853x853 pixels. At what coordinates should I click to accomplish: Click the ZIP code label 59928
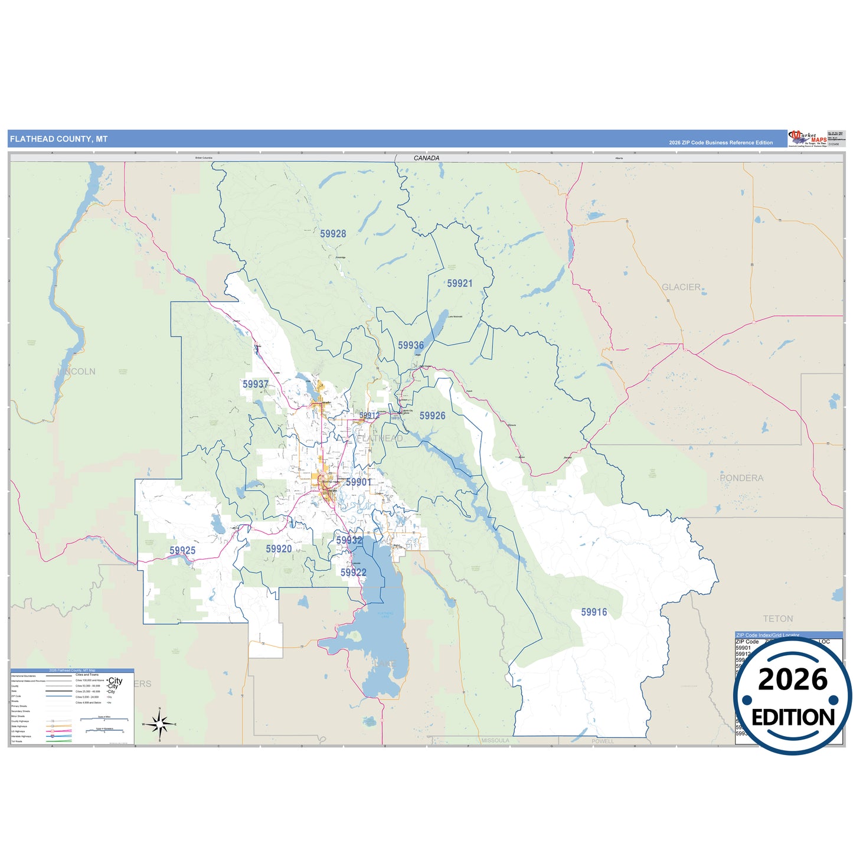click(333, 234)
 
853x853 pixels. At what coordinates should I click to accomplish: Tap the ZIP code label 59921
click(459, 283)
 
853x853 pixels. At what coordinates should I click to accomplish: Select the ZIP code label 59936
click(410, 345)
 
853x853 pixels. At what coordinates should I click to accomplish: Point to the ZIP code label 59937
click(255, 384)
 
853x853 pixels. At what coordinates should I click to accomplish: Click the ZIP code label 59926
click(432, 416)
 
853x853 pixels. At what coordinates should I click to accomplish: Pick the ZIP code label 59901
click(358, 482)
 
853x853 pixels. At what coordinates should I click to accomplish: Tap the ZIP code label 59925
click(182, 550)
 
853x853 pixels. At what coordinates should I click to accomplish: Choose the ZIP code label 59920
click(279, 549)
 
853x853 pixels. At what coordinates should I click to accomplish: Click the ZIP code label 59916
click(593, 612)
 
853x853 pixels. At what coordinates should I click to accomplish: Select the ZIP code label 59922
click(353, 572)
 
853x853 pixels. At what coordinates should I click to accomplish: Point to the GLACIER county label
click(681, 287)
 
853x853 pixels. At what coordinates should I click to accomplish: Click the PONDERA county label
click(741, 478)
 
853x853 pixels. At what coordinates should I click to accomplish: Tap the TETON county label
click(777, 619)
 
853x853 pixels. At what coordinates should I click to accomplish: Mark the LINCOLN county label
click(77, 371)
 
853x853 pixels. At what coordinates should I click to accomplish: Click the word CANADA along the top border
click(426, 158)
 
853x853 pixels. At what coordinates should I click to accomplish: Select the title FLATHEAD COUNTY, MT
click(58, 139)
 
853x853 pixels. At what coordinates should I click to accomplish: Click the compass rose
click(159, 723)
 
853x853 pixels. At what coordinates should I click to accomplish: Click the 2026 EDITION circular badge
click(792, 697)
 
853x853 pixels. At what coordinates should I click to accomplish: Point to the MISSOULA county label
click(495, 740)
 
